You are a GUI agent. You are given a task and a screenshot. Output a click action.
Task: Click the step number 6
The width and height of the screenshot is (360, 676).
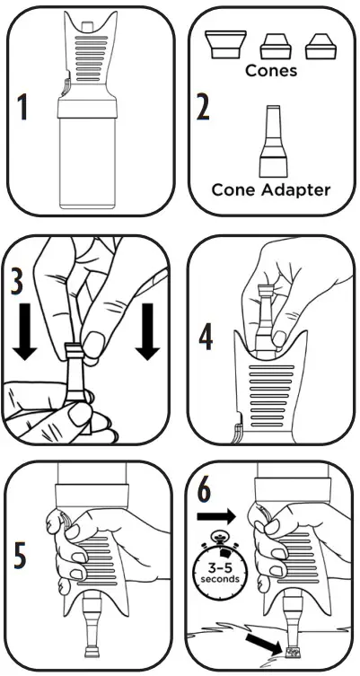point(205,490)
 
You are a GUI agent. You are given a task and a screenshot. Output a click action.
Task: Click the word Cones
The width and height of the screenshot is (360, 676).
point(270,70)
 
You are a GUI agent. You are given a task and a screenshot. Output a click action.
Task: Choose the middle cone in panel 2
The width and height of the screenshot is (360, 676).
point(272,46)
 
